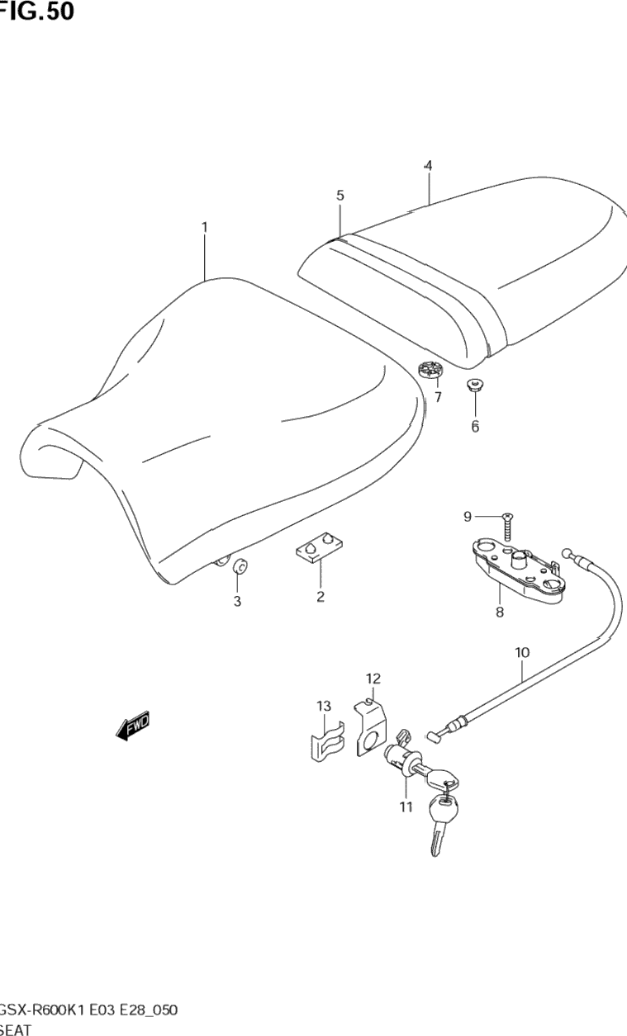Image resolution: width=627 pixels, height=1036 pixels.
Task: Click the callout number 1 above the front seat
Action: click(204, 226)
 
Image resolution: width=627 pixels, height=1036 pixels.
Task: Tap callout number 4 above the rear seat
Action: click(428, 166)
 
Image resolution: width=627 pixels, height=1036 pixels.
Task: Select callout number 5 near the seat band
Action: click(340, 196)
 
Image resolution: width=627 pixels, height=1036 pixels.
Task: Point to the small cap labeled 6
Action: click(475, 386)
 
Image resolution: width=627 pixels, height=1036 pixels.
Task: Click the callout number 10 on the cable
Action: click(522, 652)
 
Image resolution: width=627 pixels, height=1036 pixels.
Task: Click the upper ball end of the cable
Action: click(567, 552)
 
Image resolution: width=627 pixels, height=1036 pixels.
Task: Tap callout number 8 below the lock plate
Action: click(499, 613)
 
